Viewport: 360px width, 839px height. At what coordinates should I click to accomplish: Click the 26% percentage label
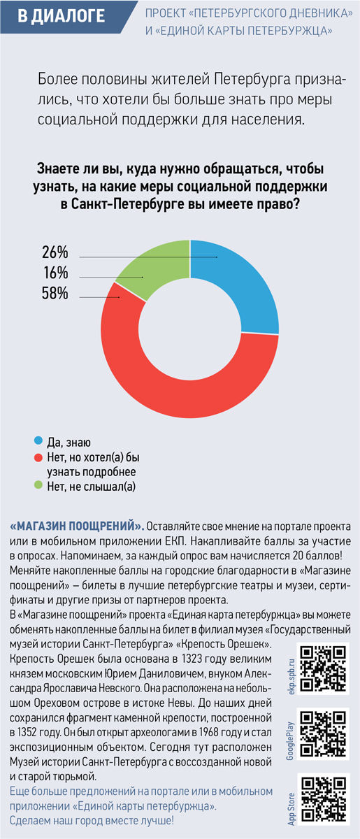click(x=55, y=252)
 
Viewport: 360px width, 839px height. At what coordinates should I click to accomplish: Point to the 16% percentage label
click(x=56, y=273)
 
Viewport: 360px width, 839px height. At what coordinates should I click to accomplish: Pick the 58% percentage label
click(x=55, y=293)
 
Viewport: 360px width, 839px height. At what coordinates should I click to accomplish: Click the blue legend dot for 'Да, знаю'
click(x=38, y=440)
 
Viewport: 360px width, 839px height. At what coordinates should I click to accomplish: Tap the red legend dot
click(x=38, y=457)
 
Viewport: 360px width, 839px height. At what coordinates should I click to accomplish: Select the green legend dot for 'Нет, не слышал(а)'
click(x=38, y=485)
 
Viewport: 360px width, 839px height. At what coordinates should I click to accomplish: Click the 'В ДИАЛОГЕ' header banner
click(x=66, y=17)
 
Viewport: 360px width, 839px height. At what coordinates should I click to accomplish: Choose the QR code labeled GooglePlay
click(x=323, y=734)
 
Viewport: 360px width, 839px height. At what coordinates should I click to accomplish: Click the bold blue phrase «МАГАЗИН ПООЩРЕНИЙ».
click(x=77, y=526)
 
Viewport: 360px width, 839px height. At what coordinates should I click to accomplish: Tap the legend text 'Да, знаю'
click(x=69, y=443)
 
